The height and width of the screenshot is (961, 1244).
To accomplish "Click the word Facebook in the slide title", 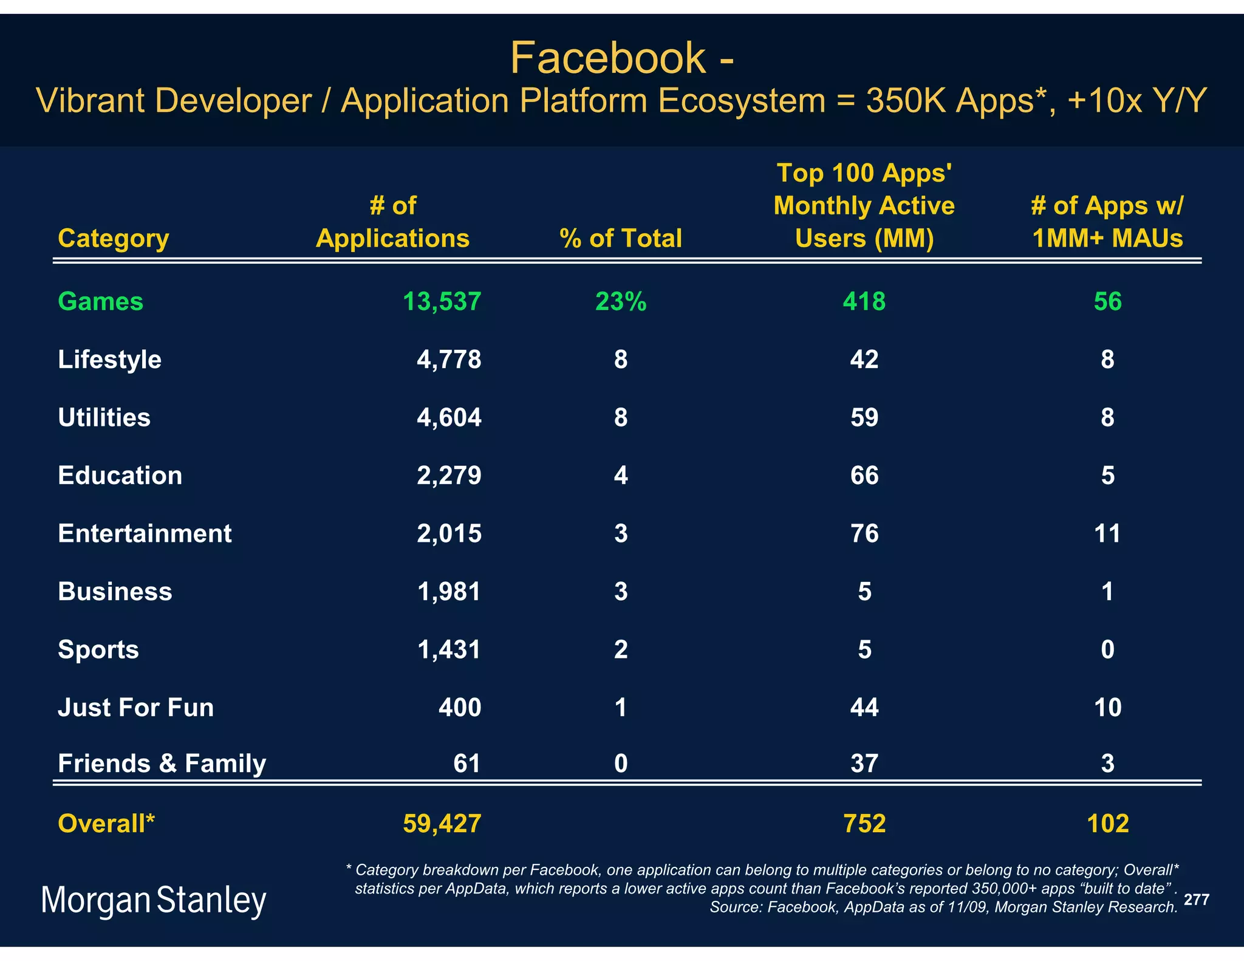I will coord(607,59).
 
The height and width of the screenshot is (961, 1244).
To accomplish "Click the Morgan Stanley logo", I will coord(154,900).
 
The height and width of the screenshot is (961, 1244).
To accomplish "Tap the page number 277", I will coord(1196,900).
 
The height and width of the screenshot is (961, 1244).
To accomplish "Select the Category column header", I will coord(113,239).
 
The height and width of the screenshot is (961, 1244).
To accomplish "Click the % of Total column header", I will coord(620,239).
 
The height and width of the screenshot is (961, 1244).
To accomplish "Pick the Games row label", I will coord(100,302).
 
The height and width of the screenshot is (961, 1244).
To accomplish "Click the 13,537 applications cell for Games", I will coord(442,302).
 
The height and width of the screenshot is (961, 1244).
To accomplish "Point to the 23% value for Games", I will coord(620,302).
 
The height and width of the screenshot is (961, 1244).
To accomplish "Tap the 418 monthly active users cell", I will coord(864,302).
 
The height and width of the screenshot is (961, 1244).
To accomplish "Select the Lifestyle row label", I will coord(109,360).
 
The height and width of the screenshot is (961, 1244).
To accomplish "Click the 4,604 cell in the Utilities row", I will coord(449,418).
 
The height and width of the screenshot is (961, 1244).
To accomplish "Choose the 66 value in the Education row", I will coord(864,476).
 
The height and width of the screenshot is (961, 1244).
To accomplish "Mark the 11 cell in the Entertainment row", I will coord(1107,534).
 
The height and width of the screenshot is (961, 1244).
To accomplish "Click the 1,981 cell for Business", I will coord(449,592).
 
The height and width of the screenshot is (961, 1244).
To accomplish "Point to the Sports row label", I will coord(98,650).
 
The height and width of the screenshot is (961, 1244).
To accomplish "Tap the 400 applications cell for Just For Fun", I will coord(459,708).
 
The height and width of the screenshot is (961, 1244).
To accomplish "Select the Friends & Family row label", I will coord(162,764).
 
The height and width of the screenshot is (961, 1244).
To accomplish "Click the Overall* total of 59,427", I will coord(442,824).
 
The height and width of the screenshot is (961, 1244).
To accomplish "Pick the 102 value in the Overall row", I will coord(1107,824).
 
